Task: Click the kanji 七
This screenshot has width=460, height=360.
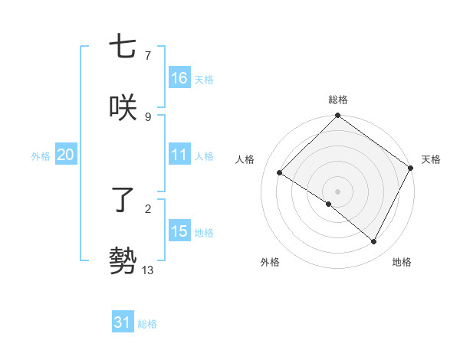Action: pos(123,47)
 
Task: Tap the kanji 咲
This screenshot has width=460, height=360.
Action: pos(123,107)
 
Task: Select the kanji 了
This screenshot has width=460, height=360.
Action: pos(123,201)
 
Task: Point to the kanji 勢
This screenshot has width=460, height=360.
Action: pos(123,260)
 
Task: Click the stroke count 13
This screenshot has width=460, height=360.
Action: pos(148,270)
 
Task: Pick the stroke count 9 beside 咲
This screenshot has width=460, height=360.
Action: pos(148,116)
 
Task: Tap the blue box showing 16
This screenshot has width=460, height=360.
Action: pos(179,78)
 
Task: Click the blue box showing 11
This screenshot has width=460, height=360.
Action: pos(179,155)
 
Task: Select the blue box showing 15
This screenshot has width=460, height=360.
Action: pos(179,231)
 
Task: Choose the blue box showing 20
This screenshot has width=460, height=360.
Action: pos(65,155)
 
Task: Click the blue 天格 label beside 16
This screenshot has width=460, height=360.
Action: pos(204,79)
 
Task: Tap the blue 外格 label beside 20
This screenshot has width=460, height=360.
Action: pos(41,155)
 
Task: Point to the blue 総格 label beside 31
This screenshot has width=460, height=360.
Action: pos(147,323)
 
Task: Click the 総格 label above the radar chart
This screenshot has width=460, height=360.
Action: pos(338,100)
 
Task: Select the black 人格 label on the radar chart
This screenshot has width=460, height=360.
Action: pos(245,159)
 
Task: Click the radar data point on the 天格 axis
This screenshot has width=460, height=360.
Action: pos(411,168)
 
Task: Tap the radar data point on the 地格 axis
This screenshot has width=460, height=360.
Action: pos(374,242)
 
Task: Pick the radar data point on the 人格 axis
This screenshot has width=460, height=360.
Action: pos(280,172)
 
